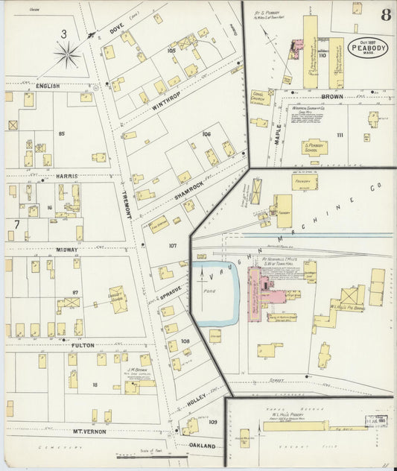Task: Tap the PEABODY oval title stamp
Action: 368,48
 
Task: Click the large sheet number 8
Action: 385,15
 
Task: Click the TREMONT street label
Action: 127,202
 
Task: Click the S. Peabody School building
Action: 314,147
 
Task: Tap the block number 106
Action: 206,134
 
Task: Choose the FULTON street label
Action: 83,345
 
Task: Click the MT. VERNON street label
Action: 89,432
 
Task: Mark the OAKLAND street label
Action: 200,446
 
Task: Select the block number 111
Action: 339,134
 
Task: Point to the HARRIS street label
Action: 66,176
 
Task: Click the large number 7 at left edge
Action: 16,224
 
